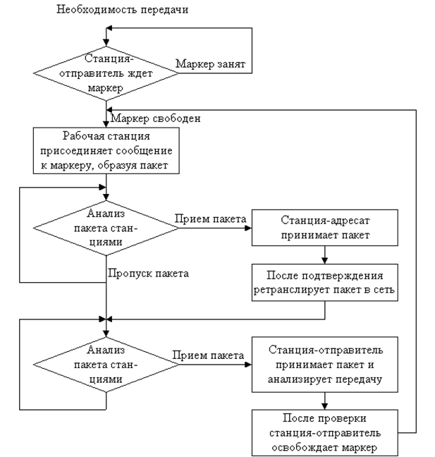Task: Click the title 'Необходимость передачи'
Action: [x=123, y=10]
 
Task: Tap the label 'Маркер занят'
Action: [x=210, y=64]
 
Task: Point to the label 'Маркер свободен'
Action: [x=156, y=118]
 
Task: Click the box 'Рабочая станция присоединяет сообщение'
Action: [x=106, y=150]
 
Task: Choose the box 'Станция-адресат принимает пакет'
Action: [x=325, y=228]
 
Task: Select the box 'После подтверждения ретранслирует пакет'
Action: [x=325, y=282]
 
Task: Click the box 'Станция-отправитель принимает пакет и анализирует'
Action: [x=325, y=365]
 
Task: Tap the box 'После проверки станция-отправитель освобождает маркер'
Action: [x=325, y=433]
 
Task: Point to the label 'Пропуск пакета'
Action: [x=148, y=274]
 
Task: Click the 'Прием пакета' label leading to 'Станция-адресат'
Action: [x=210, y=219]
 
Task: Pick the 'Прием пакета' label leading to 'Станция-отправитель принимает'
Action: [x=208, y=355]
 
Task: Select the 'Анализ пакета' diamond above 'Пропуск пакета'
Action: [x=106, y=228]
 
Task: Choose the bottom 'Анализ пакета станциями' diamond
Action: [x=106, y=365]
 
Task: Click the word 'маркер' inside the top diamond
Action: [x=106, y=88]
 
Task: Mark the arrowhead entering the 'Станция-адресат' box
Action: [x=248, y=228]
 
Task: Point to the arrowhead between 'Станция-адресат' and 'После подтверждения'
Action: [x=325, y=260]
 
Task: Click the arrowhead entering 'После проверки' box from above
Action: [x=325, y=406]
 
